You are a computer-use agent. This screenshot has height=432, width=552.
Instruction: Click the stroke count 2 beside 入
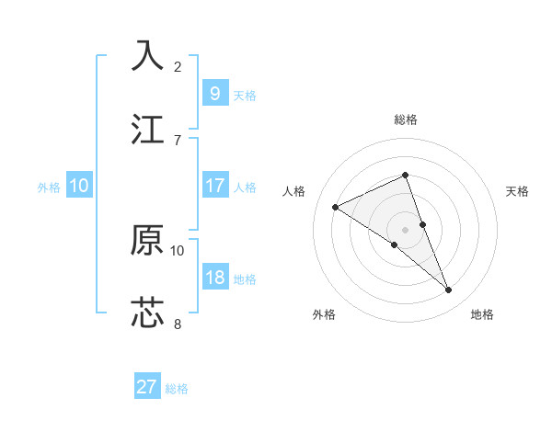point(178,67)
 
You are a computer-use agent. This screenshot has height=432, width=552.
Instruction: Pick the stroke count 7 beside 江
point(178,141)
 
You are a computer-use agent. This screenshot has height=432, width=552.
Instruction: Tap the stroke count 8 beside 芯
point(178,324)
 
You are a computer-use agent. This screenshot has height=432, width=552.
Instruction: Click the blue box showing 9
point(214,93)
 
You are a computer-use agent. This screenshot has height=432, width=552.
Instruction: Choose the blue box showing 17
point(214,186)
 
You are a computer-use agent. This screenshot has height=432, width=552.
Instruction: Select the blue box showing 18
point(214,278)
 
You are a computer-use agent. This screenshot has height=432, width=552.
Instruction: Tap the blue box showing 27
point(146,387)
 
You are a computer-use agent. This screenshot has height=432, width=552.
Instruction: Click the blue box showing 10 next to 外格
point(79,186)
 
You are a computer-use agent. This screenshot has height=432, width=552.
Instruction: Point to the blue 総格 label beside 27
point(177,389)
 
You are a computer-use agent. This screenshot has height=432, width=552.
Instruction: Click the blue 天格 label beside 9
point(245,96)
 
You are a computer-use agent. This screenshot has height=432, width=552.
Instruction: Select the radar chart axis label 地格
point(482,315)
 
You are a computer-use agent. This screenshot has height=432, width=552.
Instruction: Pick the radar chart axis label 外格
point(324,315)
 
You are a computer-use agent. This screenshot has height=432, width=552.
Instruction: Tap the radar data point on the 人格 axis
point(336,208)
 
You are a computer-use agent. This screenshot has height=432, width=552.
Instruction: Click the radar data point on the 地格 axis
point(449,290)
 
